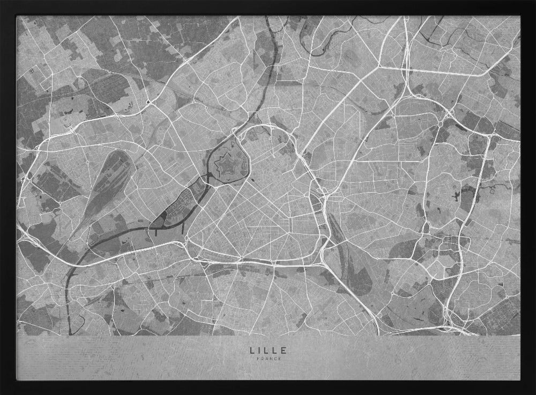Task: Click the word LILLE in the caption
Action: point(268,350)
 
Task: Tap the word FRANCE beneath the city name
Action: point(268,359)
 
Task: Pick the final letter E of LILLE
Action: point(284,350)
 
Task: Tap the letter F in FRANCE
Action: point(258,359)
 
